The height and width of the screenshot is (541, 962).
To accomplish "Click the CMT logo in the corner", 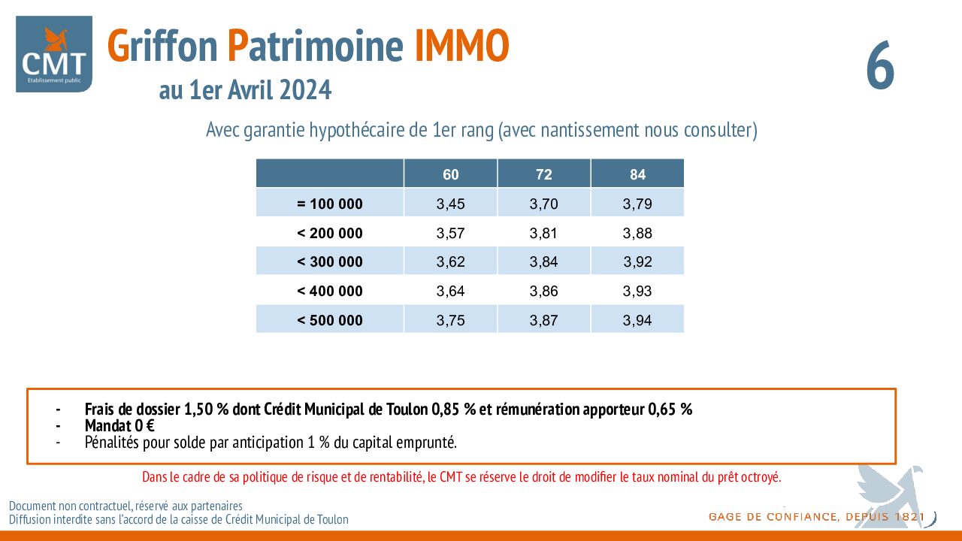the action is (x=54, y=54).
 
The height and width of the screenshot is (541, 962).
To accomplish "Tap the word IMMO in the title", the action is (x=462, y=46).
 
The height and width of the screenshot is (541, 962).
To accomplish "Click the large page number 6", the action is (x=880, y=65).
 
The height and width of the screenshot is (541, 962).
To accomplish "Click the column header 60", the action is (x=450, y=174).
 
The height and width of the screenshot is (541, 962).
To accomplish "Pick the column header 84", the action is (x=637, y=174).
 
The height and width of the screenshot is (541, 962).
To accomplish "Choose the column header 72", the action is (x=543, y=174).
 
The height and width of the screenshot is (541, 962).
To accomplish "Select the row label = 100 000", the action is (x=330, y=204).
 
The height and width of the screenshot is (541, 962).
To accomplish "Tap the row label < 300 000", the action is (x=330, y=261).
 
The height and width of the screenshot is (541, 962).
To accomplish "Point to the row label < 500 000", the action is (x=330, y=320).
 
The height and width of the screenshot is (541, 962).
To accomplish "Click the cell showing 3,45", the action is (x=450, y=204).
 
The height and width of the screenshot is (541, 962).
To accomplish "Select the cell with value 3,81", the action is (x=543, y=233).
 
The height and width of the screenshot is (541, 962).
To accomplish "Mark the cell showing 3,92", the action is (x=637, y=261).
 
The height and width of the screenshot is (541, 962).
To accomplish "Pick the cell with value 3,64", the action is (x=450, y=291).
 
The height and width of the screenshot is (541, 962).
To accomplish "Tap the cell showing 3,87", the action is (x=543, y=320).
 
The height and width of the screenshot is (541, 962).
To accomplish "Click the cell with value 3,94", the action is (x=637, y=320).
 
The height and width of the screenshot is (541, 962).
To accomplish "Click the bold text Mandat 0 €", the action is (x=119, y=426).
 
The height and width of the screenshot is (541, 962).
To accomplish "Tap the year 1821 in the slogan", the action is (x=909, y=516).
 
